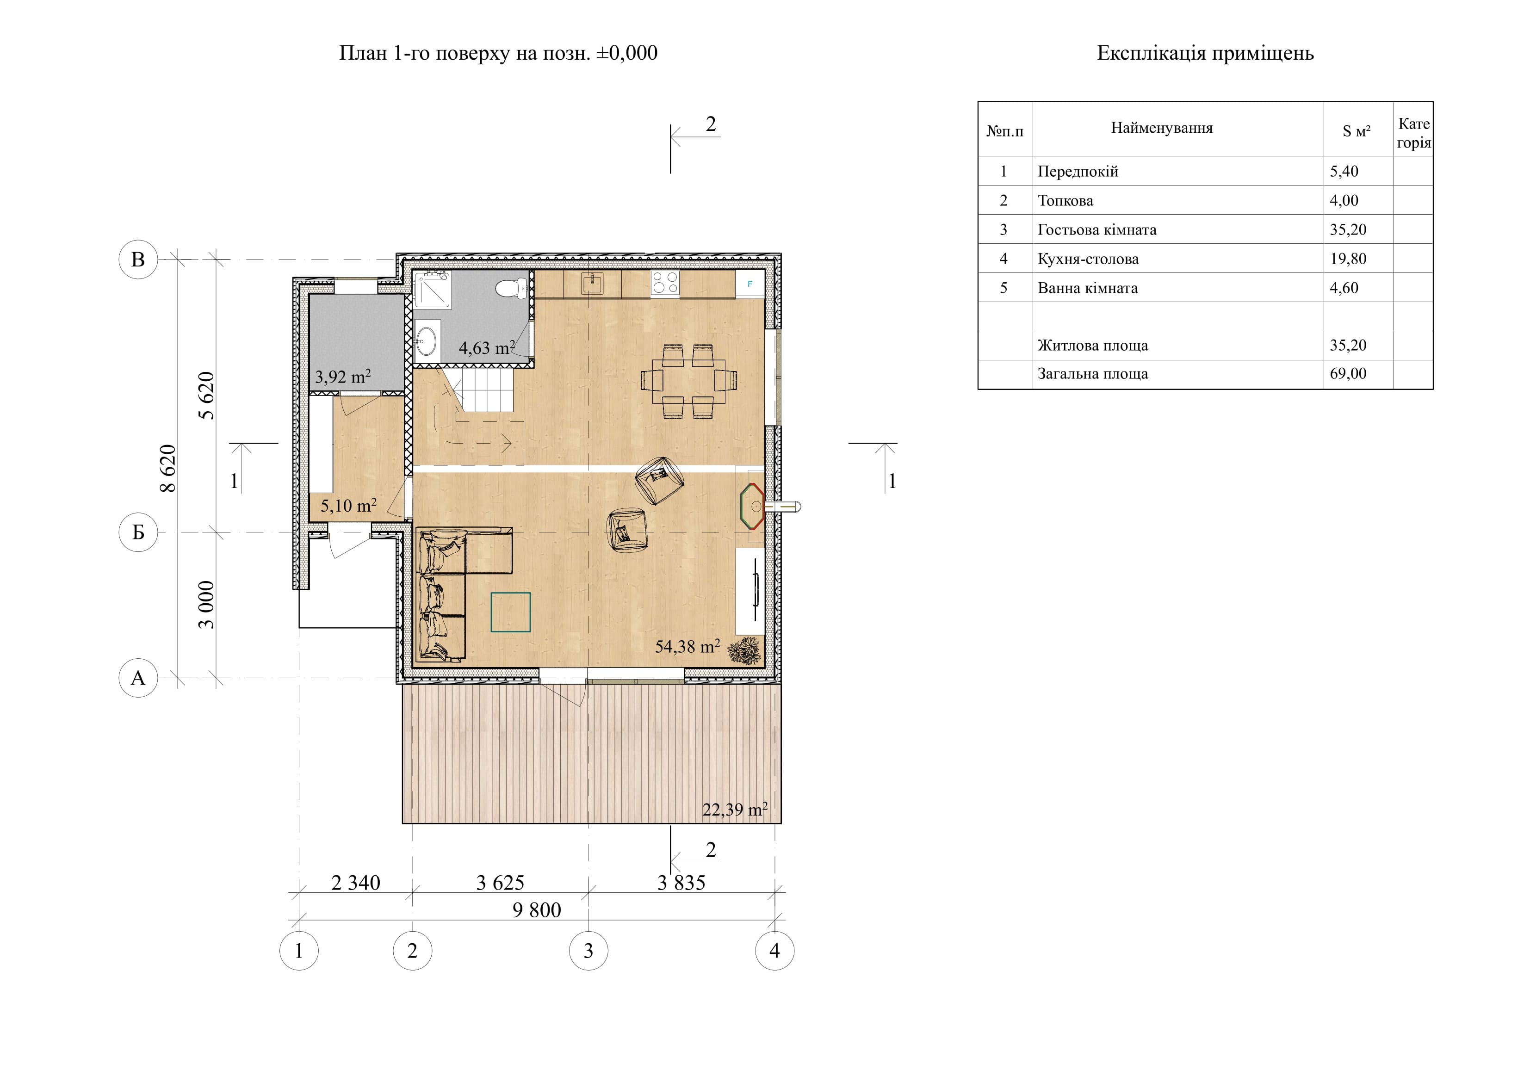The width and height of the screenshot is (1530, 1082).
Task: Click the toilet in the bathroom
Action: click(511, 288)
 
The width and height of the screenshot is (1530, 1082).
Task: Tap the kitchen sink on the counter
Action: click(592, 283)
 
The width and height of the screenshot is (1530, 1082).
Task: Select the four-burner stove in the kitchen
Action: click(665, 283)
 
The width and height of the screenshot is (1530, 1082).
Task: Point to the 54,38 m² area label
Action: click(687, 646)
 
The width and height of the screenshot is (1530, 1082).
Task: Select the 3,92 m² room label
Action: click(342, 377)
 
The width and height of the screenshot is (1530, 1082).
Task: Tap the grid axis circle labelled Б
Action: click(138, 532)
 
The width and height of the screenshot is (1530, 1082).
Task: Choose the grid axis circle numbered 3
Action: click(588, 951)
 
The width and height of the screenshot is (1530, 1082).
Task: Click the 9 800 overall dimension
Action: click(536, 910)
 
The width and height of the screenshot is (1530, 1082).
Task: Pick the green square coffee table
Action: click(510, 612)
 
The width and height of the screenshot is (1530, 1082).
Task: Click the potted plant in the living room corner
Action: click(744, 650)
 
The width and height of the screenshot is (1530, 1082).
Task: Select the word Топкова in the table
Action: click(1065, 201)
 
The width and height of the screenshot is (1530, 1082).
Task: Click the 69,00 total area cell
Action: click(1348, 374)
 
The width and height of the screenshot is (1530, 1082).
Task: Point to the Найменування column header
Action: click(1161, 128)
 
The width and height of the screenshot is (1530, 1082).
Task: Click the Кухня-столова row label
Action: click(1088, 259)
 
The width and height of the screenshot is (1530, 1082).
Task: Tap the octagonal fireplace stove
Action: click(752, 507)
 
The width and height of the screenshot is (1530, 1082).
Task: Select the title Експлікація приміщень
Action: click(1206, 53)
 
